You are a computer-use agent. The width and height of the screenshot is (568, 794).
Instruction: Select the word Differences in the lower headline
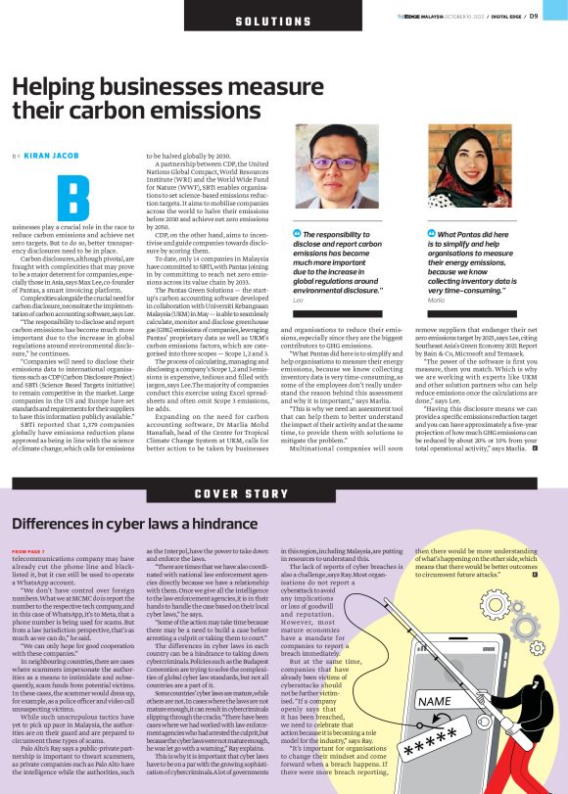pos(54,523)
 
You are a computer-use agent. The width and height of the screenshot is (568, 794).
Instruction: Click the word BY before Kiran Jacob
pos(17,156)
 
